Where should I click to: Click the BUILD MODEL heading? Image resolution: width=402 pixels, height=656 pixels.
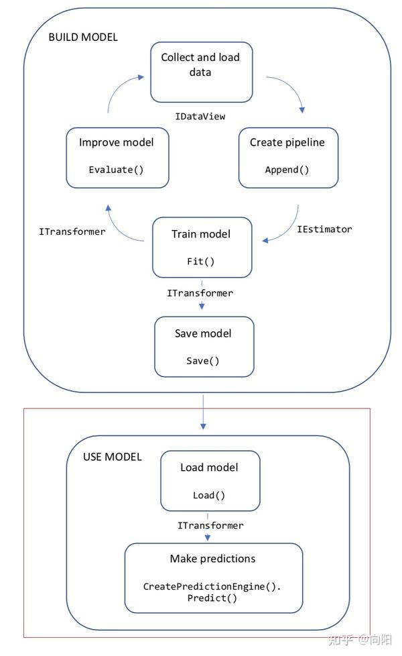(82, 37)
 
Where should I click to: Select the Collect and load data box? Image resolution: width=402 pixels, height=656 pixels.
(200, 72)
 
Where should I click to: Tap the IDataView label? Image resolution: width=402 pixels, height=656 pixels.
(200, 116)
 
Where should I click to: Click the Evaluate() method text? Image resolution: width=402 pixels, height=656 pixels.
(117, 169)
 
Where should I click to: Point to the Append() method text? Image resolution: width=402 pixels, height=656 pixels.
(287, 169)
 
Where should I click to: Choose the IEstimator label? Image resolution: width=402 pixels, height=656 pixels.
(324, 229)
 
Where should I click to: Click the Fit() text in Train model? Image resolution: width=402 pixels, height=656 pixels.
(200, 262)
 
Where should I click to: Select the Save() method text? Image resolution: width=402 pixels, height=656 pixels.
(203, 360)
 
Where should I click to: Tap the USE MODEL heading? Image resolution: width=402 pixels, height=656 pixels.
(112, 457)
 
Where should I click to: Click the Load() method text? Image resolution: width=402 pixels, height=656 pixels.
(209, 495)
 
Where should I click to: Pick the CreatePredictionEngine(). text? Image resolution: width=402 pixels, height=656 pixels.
(212, 586)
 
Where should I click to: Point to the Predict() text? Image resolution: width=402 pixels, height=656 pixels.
(212, 598)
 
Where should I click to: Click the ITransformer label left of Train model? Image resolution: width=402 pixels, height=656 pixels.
(72, 231)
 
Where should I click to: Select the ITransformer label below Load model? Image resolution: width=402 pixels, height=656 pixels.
(210, 525)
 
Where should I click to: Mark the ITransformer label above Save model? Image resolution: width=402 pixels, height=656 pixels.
(200, 293)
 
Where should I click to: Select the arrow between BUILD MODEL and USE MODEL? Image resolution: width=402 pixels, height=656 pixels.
(203, 411)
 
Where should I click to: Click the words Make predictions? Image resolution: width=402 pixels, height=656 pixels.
(212, 558)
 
